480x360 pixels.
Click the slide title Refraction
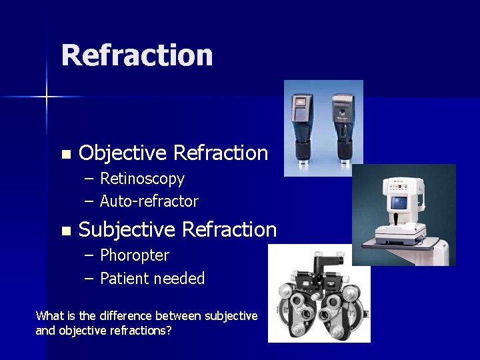tap(137, 55)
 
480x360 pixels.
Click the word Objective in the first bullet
tap(122, 153)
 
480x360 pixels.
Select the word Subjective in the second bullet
tap(127, 230)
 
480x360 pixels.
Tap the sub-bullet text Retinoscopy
tap(142, 179)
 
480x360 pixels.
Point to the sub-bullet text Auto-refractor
tap(149, 201)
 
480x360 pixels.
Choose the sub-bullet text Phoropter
tap(135, 255)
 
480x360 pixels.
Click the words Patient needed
tap(152, 279)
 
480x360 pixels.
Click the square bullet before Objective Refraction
tap(65, 155)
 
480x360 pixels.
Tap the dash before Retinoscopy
tap(89, 179)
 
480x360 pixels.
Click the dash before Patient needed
tap(89, 279)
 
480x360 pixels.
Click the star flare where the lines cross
tap(47, 97)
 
